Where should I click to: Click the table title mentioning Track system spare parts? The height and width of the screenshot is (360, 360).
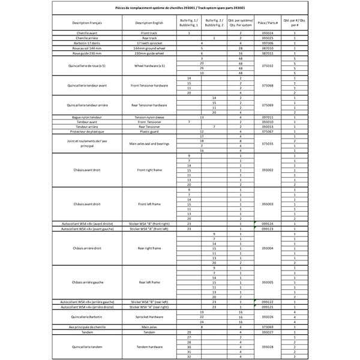coord(179,8)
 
